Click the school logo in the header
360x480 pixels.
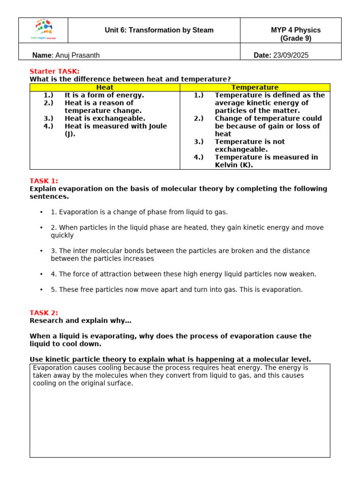pyautogui.click(x=43, y=30)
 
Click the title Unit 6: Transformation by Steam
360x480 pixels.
pyautogui.click(x=159, y=30)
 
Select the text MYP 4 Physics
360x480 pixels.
pyautogui.click(x=295, y=30)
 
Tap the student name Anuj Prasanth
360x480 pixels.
pyautogui.click(x=77, y=55)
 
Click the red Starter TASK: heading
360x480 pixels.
pyautogui.click(x=54, y=71)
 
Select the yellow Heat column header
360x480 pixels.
pyautogui.click(x=105, y=88)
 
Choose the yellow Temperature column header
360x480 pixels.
pyautogui.click(x=255, y=88)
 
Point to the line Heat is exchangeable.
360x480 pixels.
pyautogui.click(x=105, y=119)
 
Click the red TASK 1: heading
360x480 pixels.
pyautogui.click(x=44, y=181)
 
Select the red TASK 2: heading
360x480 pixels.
pyautogui.click(x=44, y=313)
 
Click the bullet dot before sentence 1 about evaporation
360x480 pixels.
pyautogui.click(x=41, y=212)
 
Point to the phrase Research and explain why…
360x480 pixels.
pyautogui.click(x=81, y=321)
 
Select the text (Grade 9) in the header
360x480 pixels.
pyautogui.click(x=295, y=38)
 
